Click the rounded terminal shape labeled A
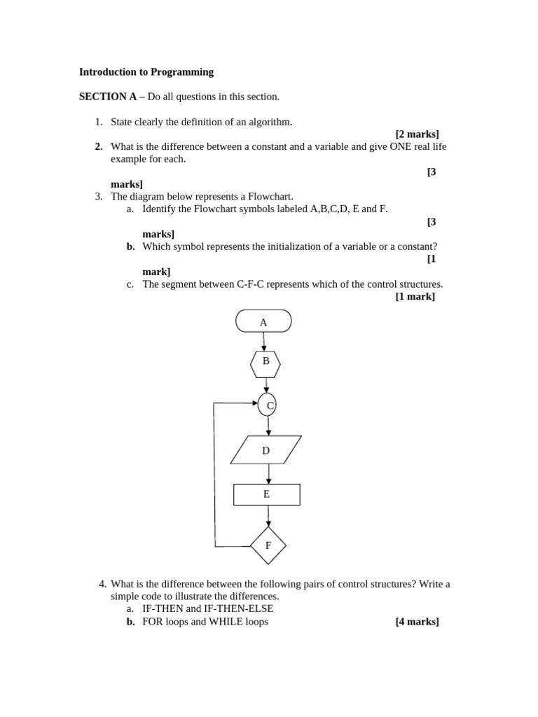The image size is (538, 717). coord(263,321)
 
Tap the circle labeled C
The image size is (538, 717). coord(267,405)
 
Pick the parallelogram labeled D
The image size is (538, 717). coord(265,450)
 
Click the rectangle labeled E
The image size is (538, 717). coord(266,494)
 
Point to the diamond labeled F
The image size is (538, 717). coord(268,545)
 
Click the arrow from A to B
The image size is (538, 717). coord(264,342)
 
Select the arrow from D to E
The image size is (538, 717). coord(267,474)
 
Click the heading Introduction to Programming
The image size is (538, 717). coord(146,71)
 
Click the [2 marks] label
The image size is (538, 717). coord(417,134)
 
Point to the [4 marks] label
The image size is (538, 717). coord(417,621)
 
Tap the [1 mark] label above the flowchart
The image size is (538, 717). coord(415,296)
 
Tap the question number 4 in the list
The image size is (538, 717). coord(102,584)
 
